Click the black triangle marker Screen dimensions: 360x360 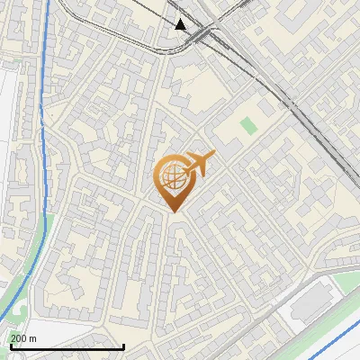pyautogui.click(x=181, y=24)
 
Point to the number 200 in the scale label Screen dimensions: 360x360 pyautogui.click(x=19, y=338)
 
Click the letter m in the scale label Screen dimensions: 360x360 pyautogui.click(x=33, y=338)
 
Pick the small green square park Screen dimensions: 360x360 pyautogui.click(x=247, y=127)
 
